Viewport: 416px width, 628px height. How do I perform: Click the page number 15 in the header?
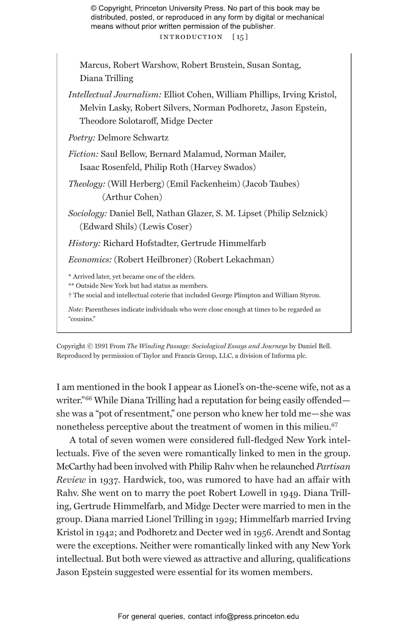pos(240,37)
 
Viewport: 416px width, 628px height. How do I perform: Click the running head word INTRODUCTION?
pos(191,37)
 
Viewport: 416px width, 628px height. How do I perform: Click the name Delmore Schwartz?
pos(133,138)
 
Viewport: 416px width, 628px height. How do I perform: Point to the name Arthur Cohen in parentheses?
pos(132,197)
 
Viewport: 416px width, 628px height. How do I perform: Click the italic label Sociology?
pos(87,213)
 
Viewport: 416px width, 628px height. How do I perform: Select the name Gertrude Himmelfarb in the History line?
pos(223,243)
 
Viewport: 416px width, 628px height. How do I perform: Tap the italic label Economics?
pos(90,260)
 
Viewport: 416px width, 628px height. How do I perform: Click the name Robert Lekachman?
pos(234,260)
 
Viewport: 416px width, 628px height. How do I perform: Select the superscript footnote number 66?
pos(88,398)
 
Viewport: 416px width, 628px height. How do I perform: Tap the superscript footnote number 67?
pos(335,425)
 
